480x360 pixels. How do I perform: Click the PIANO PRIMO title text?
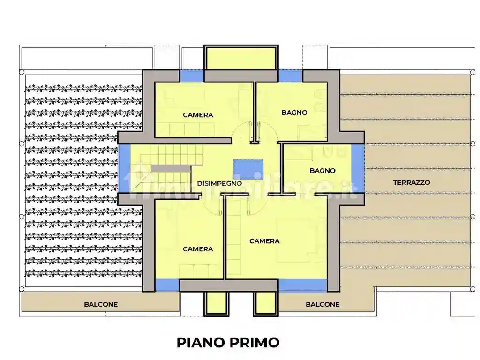pyautogui.click(x=228, y=342)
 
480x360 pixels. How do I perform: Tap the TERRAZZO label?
pyautogui.click(x=412, y=182)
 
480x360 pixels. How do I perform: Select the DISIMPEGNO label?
pyautogui.click(x=219, y=183)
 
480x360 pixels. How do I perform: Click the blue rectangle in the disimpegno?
pyautogui.click(x=248, y=169)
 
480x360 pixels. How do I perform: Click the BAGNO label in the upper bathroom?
pyautogui.click(x=294, y=112)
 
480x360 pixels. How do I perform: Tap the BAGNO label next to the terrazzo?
pyautogui.click(x=322, y=171)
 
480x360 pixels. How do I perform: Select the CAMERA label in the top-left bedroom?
pyautogui.click(x=198, y=115)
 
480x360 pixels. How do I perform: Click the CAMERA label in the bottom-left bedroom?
pyautogui.click(x=198, y=249)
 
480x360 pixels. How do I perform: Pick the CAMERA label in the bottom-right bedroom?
pyautogui.click(x=264, y=241)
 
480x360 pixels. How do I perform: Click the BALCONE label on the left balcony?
pyautogui.click(x=101, y=304)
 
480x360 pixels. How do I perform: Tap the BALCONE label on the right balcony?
pyautogui.click(x=322, y=304)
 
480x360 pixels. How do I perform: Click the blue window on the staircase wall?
pyautogui.click(x=124, y=168)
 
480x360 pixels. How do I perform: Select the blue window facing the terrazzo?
pyautogui.click(x=357, y=168)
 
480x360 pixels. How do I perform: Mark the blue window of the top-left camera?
pyautogui.click(x=192, y=75)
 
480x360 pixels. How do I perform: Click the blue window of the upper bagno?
pyautogui.click(x=290, y=75)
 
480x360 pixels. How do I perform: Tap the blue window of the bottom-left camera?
pyautogui.click(x=167, y=285)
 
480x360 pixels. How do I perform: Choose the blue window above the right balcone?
pyautogui.click(x=302, y=285)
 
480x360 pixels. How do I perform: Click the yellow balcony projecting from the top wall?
pyautogui.click(x=241, y=58)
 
